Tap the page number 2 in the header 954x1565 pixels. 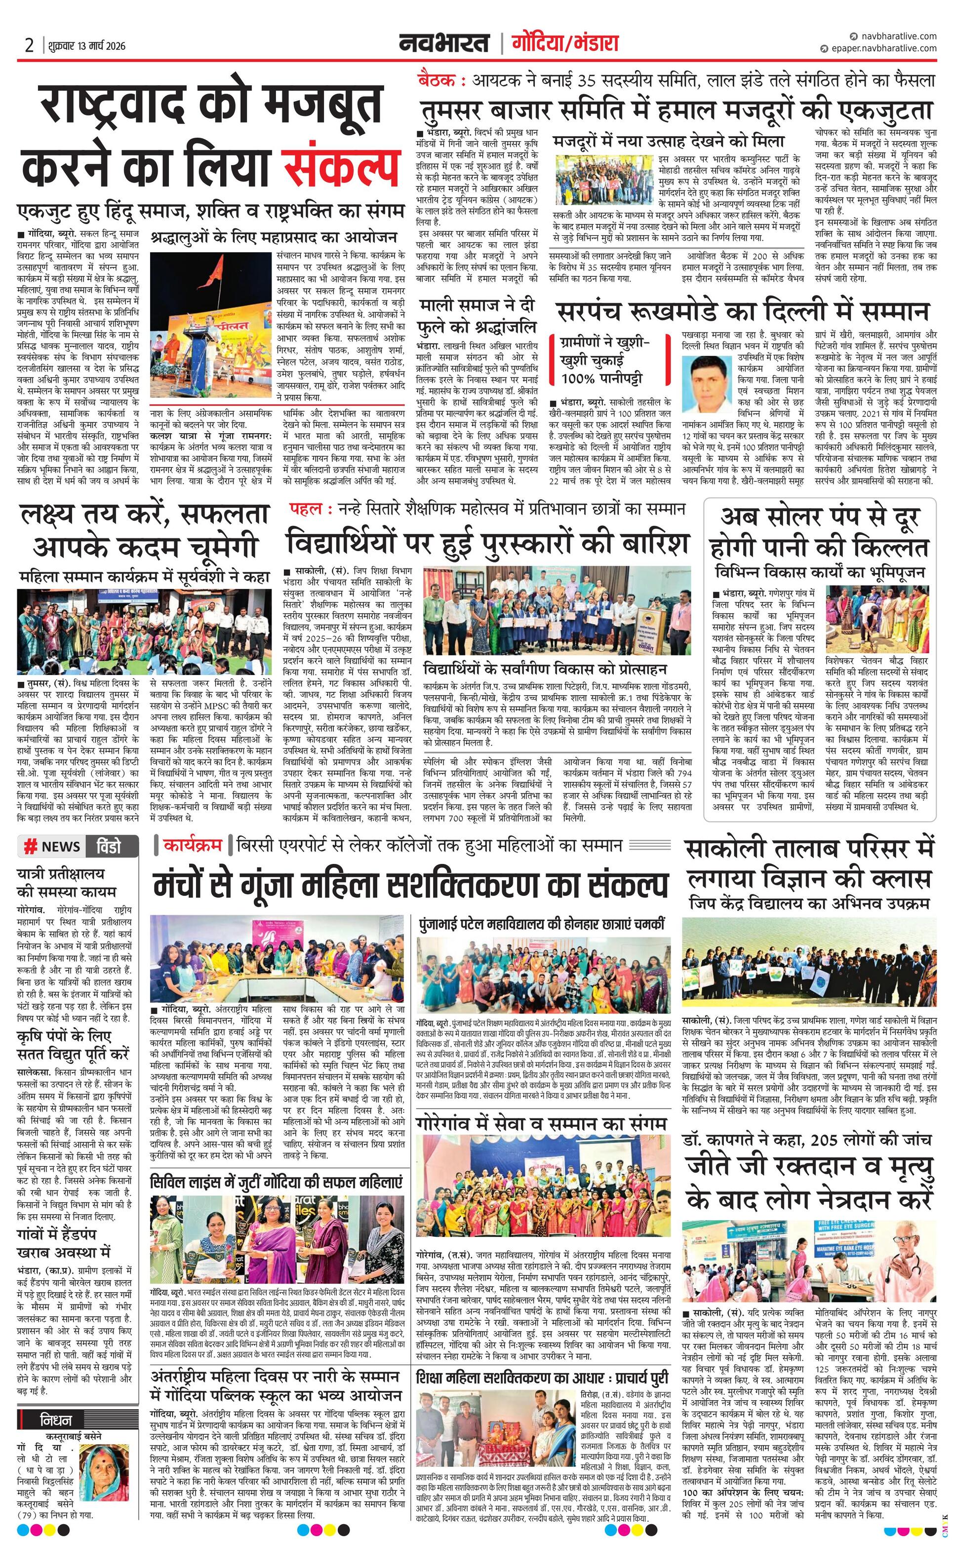(29, 46)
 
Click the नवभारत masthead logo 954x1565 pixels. (444, 43)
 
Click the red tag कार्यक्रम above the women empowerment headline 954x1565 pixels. (192, 845)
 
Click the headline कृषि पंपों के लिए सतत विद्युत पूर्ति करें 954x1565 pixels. (73, 1045)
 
